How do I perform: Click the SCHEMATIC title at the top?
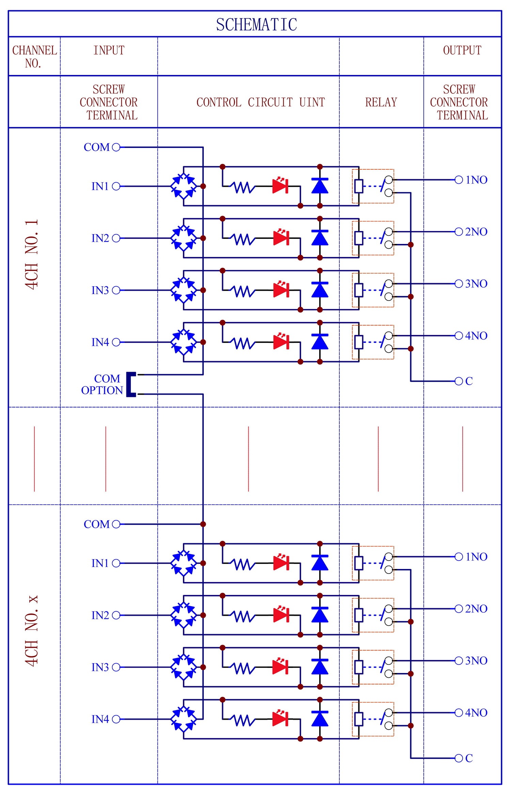pyautogui.click(x=257, y=25)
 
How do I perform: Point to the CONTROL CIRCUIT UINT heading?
pyautogui.click(x=261, y=102)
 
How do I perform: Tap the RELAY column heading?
pyautogui.click(x=381, y=102)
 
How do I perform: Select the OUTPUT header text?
pyautogui.click(x=462, y=50)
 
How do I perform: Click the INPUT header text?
pyautogui.click(x=109, y=50)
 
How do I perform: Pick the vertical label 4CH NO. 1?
pyautogui.click(x=32, y=255)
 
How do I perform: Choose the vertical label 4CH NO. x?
pyautogui.click(x=32, y=630)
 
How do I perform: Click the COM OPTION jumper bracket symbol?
pyautogui.click(x=131, y=384)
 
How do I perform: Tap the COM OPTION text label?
pyautogui.click(x=102, y=384)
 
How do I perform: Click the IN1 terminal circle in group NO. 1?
pyautogui.click(x=116, y=186)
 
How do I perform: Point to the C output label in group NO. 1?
pyautogui.click(x=469, y=381)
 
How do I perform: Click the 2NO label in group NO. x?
pyautogui.click(x=476, y=609)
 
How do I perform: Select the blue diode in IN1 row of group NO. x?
pyautogui.click(x=320, y=562)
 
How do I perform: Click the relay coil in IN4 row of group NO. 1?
pyautogui.click(x=359, y=342)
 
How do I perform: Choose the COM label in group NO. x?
pyautogui.click(x=97, y=524)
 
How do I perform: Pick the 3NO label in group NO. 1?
pyautogui.click(x=476, y=284)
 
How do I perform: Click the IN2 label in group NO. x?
pyautogui.click(x=100, y=615)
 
